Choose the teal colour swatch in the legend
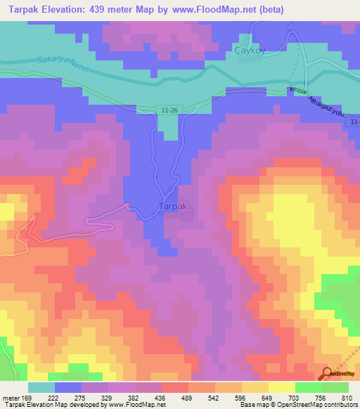point(41,387)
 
